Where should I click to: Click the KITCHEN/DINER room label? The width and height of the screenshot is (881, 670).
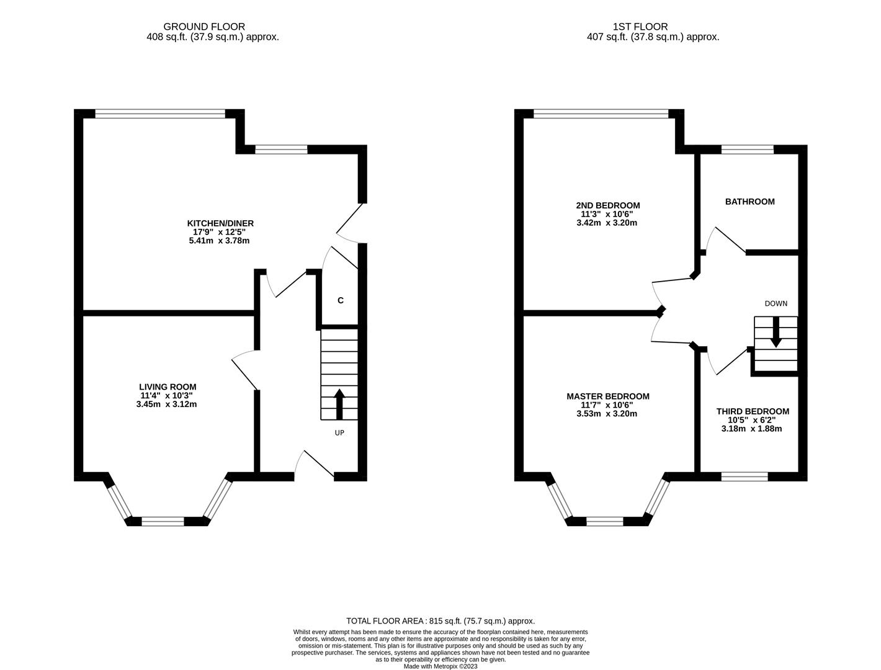pos(220,223)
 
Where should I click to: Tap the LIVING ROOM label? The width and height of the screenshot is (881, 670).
pos(168,386)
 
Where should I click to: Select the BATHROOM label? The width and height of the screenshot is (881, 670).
pos(749,202)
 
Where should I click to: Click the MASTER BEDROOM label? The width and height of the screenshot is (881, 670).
pos(607,396)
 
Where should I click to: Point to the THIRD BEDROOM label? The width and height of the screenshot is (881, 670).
pos(753,411)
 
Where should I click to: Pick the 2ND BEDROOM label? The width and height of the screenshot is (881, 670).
pos(607,205)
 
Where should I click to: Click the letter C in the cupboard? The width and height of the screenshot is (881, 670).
pos(341,300)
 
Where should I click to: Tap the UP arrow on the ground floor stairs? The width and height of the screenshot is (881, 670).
pos(339,404)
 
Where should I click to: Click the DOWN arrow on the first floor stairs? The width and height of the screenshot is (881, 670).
pos(776,332)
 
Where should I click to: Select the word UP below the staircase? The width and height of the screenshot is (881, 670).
pos(339,433)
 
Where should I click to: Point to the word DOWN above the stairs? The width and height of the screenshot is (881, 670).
pos(776,304)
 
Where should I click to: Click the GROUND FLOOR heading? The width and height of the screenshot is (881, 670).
pos(204,27)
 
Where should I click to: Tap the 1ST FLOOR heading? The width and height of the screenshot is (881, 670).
pos(640,27)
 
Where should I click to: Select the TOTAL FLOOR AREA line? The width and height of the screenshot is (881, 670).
pos(440,621)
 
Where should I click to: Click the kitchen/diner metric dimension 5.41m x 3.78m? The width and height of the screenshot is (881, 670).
pos(219,241)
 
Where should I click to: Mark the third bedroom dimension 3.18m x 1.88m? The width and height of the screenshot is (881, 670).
pos(751,429)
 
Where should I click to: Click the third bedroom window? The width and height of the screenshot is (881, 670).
pos(744,476)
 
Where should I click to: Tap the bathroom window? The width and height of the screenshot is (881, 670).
pos(747,150)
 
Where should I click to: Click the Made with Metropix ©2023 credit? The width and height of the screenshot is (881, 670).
pos(440,666)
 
